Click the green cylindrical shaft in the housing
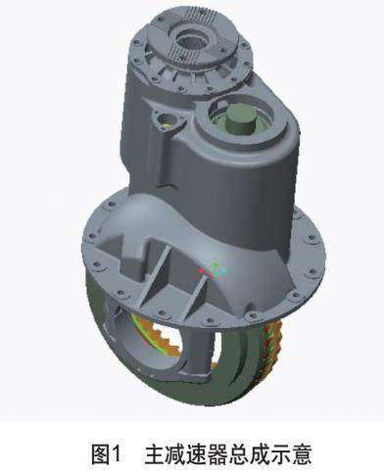click(x=241, y=119)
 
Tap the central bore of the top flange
click(x=192, y=40)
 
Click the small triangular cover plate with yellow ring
click(x=168, y=120)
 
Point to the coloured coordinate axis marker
click(x=213, y=271)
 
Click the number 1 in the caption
click(x=116, y=453)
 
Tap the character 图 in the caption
click(x=101, y=453)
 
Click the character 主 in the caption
click(x=155, y=453)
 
